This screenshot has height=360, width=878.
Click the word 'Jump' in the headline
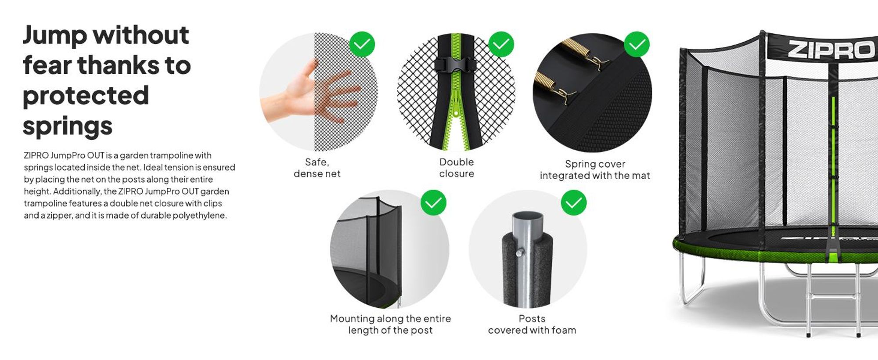pos(55,35)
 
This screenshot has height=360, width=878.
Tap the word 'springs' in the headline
pos(68,126)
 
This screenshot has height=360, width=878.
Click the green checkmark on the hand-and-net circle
pos(362,44)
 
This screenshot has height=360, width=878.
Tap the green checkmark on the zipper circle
pos(501,44)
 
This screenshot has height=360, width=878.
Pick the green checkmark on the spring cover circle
pos(637,44)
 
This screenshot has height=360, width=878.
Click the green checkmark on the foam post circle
pos(574,203)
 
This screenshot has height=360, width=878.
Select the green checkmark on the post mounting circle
pos(433,203)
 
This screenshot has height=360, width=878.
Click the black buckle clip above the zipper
pos(456,64)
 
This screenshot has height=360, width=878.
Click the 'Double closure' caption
pos(457,168)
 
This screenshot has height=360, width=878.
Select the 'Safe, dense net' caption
pos(317,168)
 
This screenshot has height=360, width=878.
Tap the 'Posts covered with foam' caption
pos(532,324)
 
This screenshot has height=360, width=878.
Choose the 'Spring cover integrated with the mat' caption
pos(595,169)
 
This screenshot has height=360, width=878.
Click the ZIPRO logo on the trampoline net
pos(831,50)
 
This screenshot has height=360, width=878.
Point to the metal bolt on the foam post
pos(520,252)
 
